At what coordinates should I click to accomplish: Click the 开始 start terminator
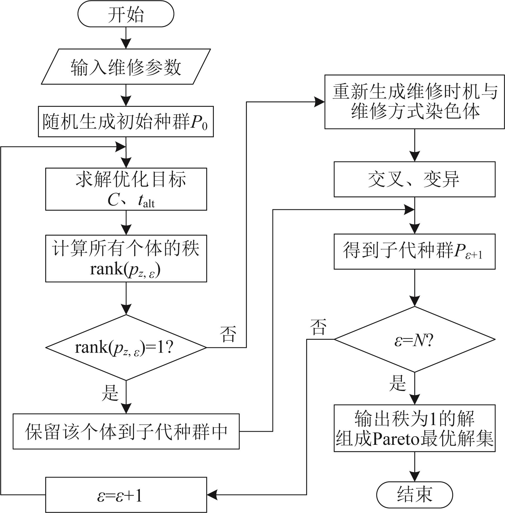[x=126, y=14]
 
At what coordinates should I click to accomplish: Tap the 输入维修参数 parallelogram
[x=126, y=66]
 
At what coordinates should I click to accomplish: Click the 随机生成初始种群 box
[x=126, y=122]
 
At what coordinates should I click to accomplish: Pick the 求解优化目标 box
[x=126, y=189]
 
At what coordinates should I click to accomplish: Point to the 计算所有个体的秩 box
[x=126, y=258]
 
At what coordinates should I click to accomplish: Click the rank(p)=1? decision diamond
[x=126, y=347]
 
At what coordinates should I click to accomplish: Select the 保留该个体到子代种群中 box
[x=126, y=431]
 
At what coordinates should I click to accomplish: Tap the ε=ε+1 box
[x=126, y=495]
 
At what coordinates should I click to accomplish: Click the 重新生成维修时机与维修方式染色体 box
[x=415, y=102]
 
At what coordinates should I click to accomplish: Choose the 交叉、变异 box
[x=415, y=179]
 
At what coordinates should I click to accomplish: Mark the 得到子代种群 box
[x=415, y=251]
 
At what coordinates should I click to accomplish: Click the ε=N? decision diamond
[x=415, y=339]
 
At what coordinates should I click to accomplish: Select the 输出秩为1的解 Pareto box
[x=415, y=428]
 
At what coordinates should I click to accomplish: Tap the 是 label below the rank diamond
[x=110, y=392]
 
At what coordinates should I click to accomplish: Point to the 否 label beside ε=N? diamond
[x=318, y=327]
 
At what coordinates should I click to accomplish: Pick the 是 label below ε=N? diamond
[x=397, y=383]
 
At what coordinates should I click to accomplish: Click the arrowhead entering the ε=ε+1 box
[x=212, y=495]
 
